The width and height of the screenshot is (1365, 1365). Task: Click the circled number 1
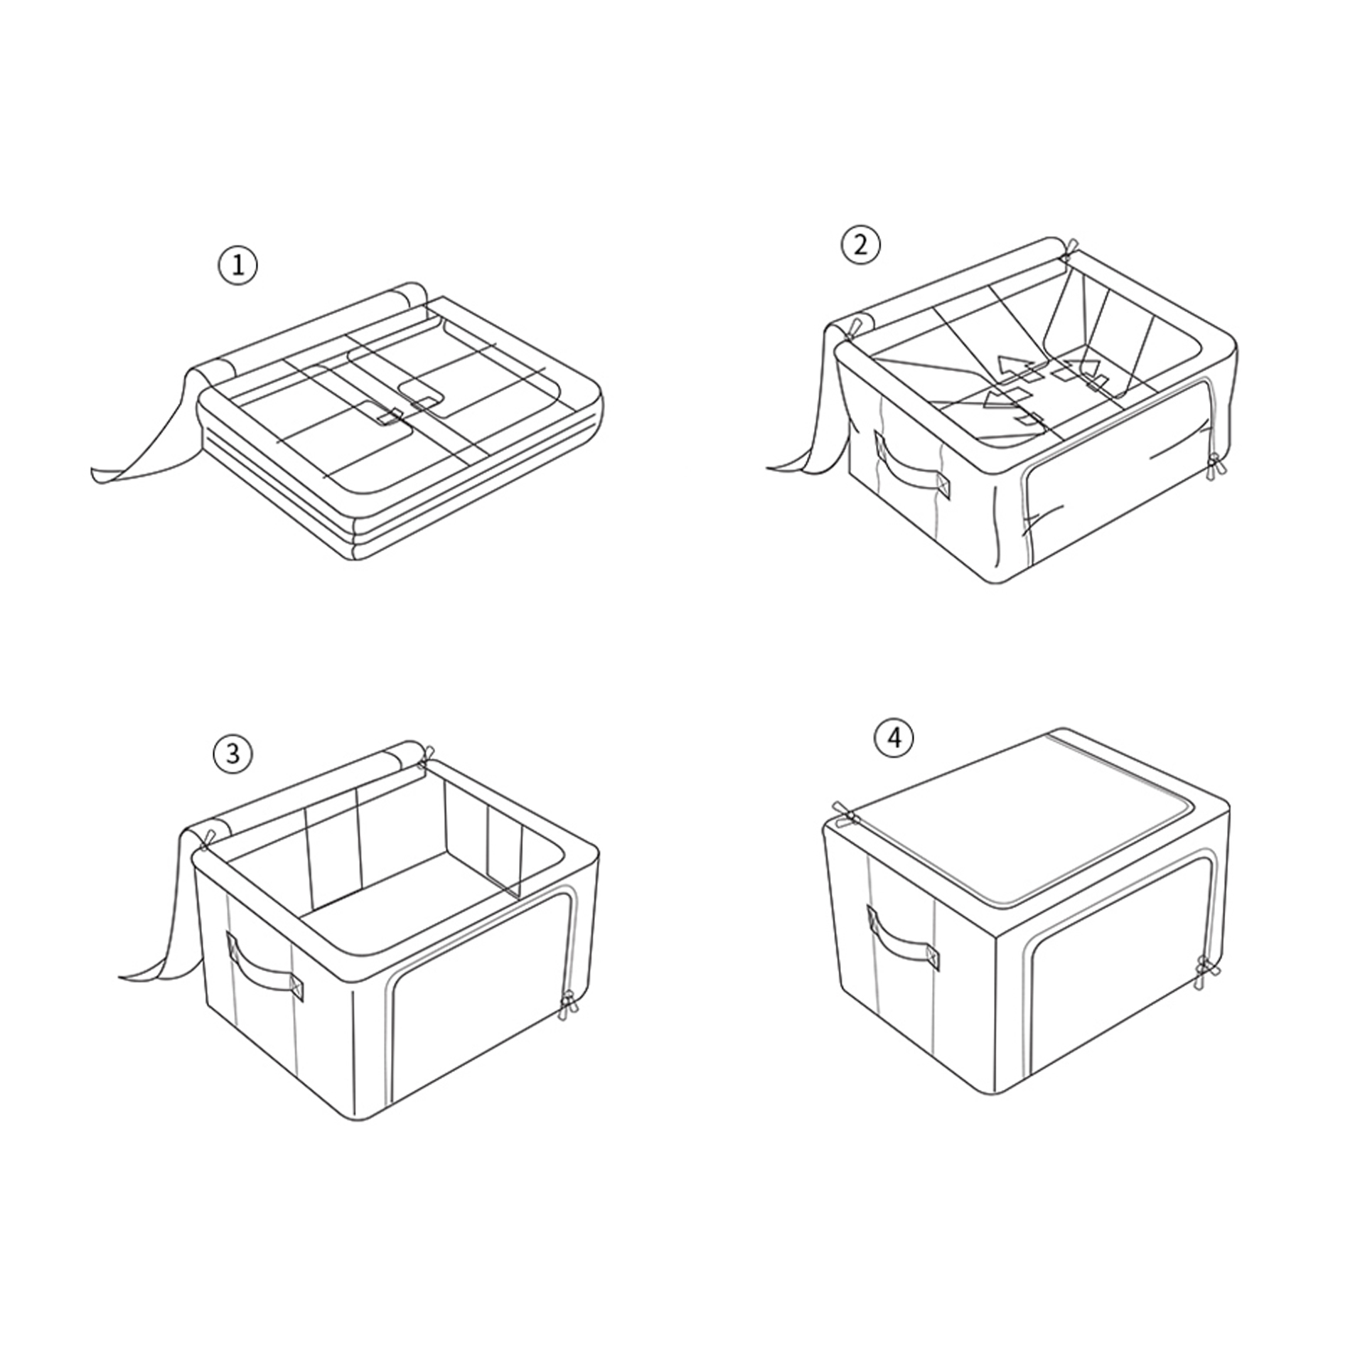click(237, 265)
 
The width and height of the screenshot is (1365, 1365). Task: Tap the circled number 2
click(860, 245)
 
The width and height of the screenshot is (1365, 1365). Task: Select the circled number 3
click(233, 753)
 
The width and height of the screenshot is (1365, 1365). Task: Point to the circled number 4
click(894, 739)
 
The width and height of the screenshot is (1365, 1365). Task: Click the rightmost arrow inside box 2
click(1086, 369)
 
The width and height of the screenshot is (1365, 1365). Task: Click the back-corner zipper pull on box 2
click(1068, 250)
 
